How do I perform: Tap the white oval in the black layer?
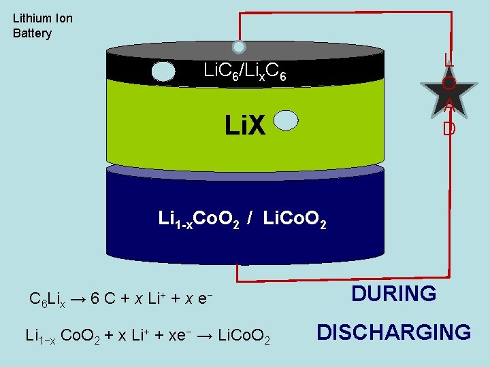(x=163, y=71)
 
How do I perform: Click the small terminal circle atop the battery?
(x=239, y=47)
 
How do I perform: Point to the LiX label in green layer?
(x=246, y=125)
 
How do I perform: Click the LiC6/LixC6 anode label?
(x=249, y=71)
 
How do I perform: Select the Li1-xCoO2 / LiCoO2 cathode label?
(x=242, y=219)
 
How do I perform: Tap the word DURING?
(x=393, y=294)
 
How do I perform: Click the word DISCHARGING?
(x=393, y=332)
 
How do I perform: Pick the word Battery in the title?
(x=32, y=33)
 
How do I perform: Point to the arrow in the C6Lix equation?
(x=78, y=298)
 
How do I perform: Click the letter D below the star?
(x=448, y=128)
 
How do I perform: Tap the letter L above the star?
(x=448, y=60)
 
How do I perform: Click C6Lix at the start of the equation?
(x=47, y=299)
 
